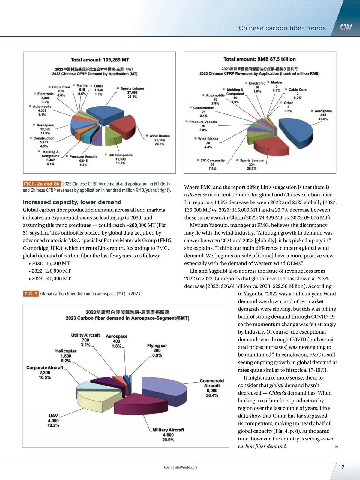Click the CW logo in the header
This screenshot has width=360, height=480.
coord(346,27)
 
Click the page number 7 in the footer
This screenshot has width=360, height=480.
coord(343,467)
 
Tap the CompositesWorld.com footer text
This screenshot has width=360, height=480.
coord(181,467)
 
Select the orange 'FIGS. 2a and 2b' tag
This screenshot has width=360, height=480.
coord(42,184)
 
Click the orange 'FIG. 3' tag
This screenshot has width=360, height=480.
coord(31,294)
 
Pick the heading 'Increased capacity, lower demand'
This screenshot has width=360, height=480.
coord(72,202)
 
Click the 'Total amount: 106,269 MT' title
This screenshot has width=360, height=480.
coord(100,60)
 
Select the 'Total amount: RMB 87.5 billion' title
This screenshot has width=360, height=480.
coord(259,59)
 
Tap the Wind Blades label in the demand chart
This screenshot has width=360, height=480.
coord(159,140)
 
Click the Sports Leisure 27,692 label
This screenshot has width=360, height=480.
coord(132,92)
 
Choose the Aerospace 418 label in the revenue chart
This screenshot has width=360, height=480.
coord(323,115)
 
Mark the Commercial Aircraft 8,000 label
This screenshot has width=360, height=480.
coord(212,388)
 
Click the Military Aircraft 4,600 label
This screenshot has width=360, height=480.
coord(168,435)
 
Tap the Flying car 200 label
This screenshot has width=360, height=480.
coord(157,350)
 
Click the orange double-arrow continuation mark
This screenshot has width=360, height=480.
coord(337,446)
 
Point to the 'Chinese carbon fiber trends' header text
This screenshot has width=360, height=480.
coord(282,28)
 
